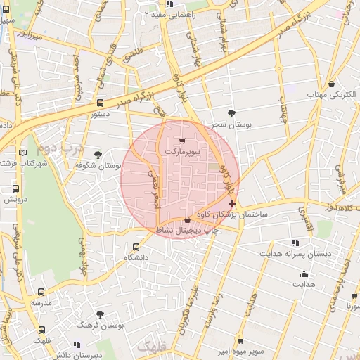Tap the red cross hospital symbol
tap(232, 203)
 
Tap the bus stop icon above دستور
tap(100, 102)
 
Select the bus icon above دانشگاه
tap(136, 247)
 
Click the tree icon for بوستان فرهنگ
tap(100, 314)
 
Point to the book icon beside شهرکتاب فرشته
tap(23, 152)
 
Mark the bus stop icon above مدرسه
tap(41, 292)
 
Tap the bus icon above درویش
tap(16, 188)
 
